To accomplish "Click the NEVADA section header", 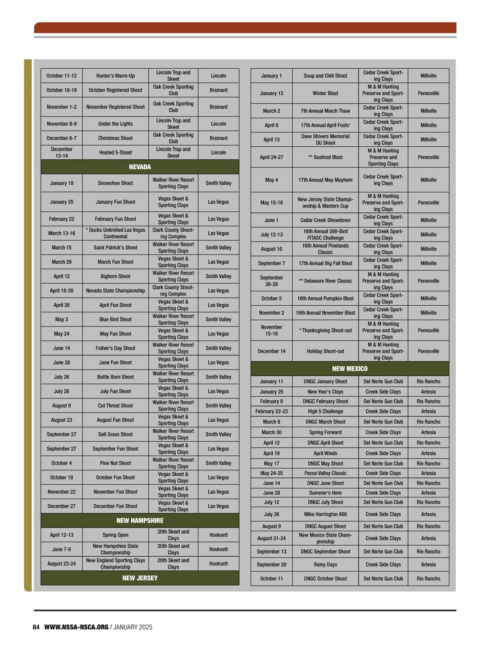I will [140, 167].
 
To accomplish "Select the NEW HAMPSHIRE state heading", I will [140, 520].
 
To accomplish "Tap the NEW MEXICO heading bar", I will [350, 369].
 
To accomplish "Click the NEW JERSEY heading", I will [140, 578].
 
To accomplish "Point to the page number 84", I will [36, 627].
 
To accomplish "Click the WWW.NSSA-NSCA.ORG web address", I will [76, 627].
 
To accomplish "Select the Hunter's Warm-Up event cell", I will [116, 76].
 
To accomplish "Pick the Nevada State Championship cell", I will [116, 291].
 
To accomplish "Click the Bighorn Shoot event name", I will [116, 276].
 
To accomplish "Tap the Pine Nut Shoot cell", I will [116, 463].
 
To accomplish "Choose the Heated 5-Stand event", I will [116, 152].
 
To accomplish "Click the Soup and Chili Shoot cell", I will [325, 76].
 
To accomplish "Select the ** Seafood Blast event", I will [325, 157].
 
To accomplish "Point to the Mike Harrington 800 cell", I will [325, 514].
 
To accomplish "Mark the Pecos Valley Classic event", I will [325, 473].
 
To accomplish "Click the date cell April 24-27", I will [272, 157].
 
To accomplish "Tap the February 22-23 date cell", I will [272, 412].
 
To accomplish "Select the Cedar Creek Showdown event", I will [325, 220].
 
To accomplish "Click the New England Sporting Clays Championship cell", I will [116, 564].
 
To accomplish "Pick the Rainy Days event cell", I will [325, 564].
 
